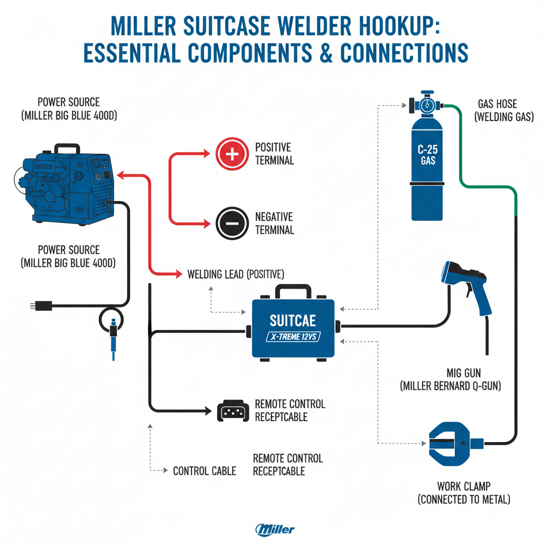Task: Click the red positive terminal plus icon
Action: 231,154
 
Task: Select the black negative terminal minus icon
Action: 231,223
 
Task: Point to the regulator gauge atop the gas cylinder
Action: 427,104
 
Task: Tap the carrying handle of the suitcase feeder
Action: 293,292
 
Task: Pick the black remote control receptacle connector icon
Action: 231,411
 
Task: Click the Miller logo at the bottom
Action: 275,529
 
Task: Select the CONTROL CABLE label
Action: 204,471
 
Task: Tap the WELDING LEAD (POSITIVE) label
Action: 236,274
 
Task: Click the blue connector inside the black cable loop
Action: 113,333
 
